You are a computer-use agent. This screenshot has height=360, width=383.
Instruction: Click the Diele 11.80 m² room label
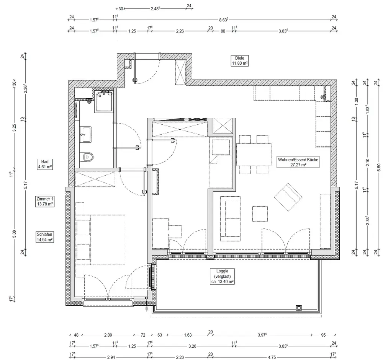point(240,60)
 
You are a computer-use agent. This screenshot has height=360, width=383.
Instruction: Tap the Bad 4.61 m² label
point(45,164)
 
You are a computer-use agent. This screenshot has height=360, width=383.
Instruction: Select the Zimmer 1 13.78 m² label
point(45,202)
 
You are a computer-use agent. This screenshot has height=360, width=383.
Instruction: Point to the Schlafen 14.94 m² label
point(45,237)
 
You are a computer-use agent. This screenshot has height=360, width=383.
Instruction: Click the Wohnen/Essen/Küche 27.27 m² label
point(298,162)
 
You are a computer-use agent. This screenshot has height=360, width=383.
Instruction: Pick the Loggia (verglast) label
point(222,276)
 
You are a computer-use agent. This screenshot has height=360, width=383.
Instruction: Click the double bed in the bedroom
point(108,240)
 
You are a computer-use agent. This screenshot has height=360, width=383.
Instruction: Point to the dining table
point(254,155)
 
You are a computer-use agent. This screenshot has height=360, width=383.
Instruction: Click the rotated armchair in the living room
point(288,197)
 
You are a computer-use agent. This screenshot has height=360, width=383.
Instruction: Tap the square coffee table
point(260,214)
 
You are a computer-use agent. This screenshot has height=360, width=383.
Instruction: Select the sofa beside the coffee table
point(230,219)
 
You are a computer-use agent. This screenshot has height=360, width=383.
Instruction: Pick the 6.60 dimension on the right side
point(379,168)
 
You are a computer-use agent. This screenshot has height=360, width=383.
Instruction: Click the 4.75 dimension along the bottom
point(272,357)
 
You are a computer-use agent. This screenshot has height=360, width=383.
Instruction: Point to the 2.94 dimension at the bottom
point(111,357)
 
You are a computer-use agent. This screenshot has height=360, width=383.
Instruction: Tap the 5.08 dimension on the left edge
point(14,234)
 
